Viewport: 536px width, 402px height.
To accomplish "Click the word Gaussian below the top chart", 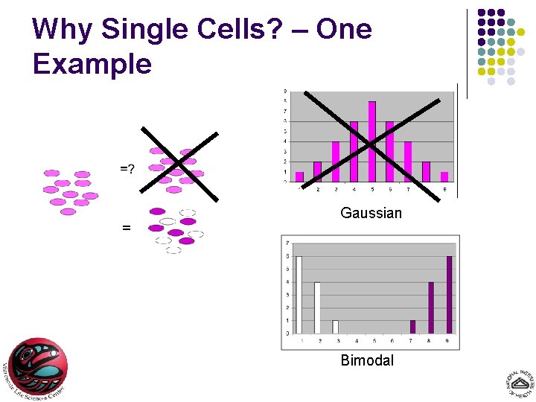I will coord(371,214).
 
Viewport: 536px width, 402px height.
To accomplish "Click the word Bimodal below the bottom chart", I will coord(367,361).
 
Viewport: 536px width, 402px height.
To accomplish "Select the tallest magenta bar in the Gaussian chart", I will coord(371,141).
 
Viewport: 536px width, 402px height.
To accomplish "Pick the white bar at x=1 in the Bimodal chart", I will coord(299,295).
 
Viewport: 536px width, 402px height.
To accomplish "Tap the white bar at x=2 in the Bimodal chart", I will coord(317,307).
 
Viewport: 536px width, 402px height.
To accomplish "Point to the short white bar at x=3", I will coord(335,327).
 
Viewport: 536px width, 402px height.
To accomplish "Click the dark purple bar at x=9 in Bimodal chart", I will coord(449,295).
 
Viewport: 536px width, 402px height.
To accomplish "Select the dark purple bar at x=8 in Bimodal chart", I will coord(431,307).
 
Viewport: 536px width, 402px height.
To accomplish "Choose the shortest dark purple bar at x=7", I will coord(413,327).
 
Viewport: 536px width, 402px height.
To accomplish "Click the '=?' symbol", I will coord(127,169).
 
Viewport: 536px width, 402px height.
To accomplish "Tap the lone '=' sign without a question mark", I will coord(126,229).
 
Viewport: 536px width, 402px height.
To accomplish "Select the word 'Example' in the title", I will coord(92,64).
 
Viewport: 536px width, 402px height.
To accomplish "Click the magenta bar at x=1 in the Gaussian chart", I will coord(299,177).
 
